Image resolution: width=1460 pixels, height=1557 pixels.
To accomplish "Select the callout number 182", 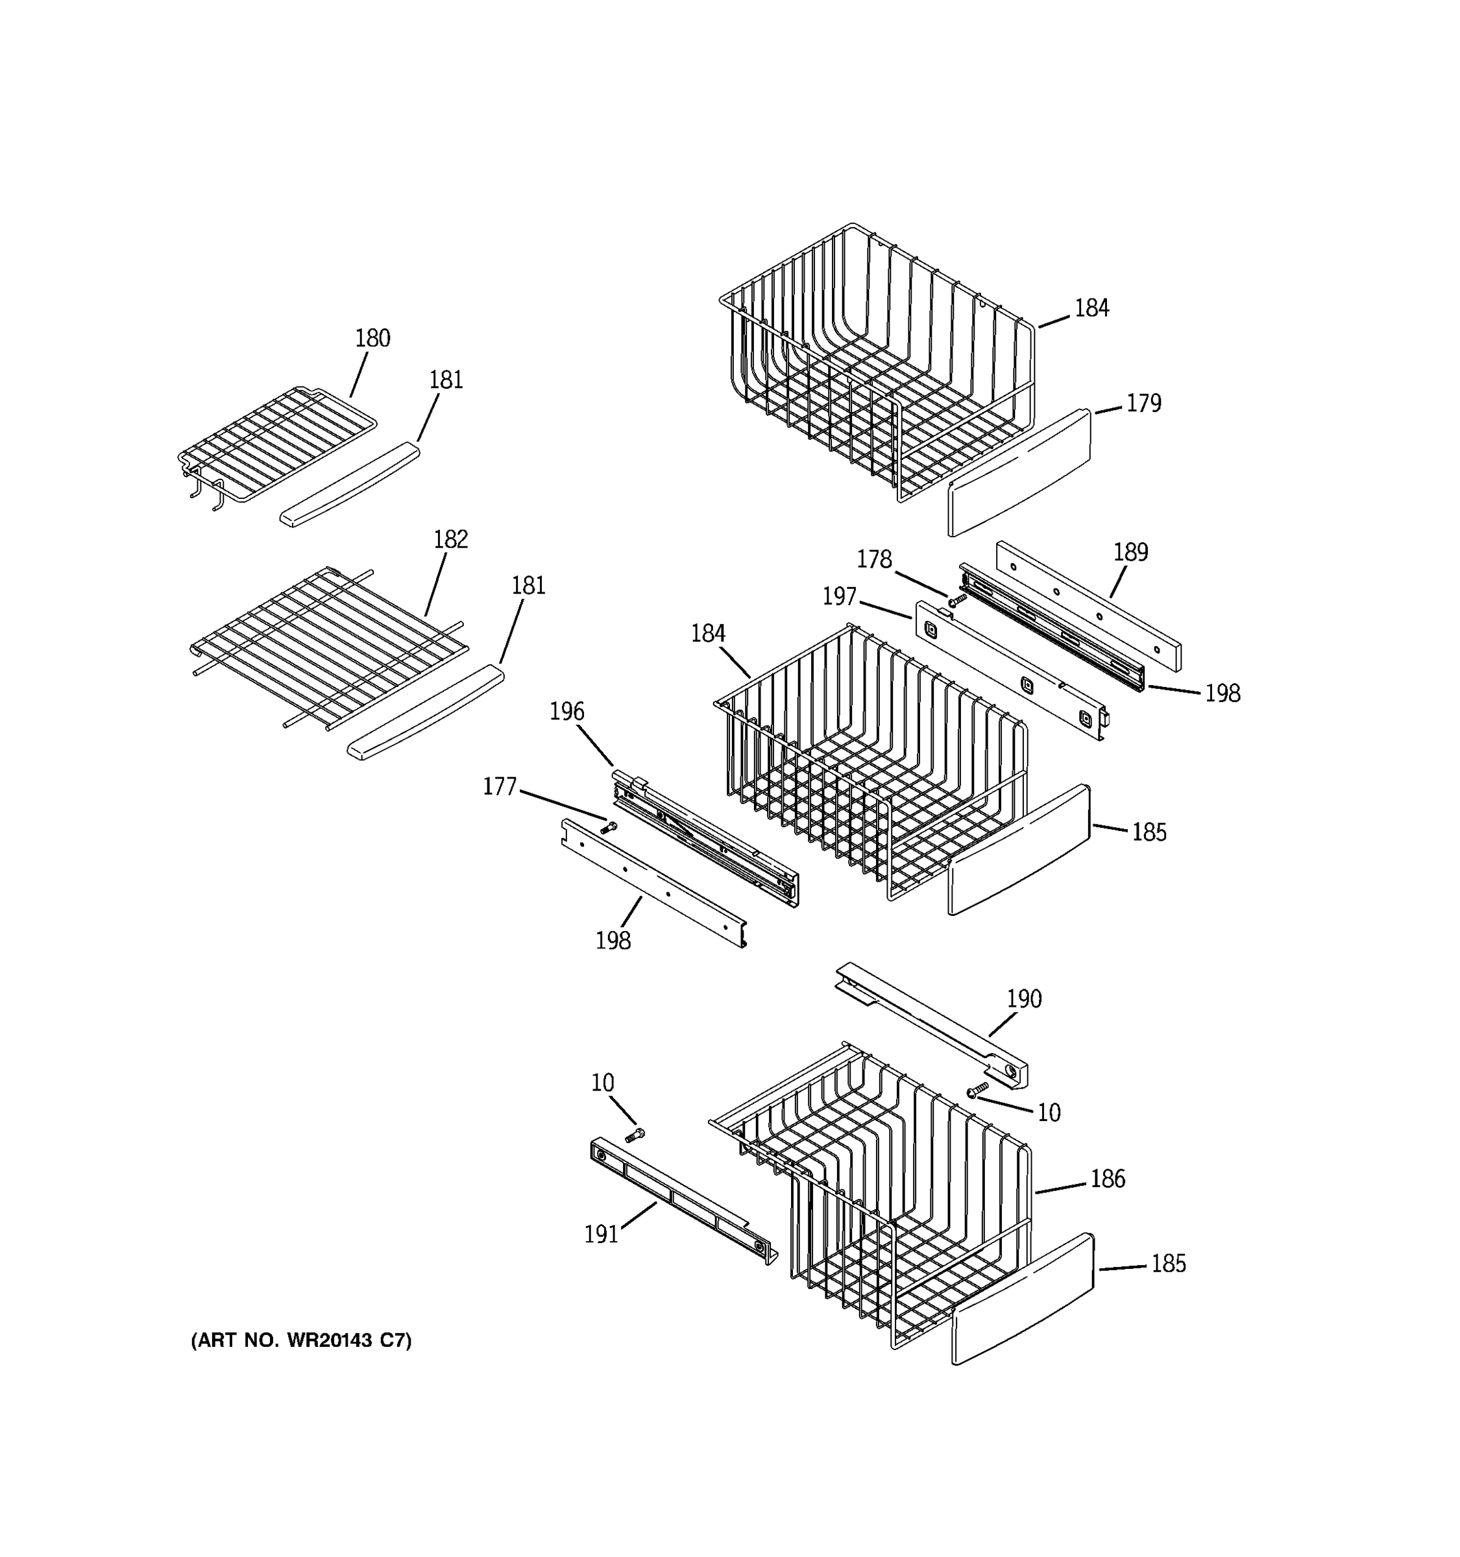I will pos(450,540).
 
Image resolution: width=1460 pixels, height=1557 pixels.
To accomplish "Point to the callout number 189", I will pos(1130,552).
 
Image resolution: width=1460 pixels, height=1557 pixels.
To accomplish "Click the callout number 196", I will pos(566,711).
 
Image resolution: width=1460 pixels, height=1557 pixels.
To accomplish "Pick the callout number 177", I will pos(499,786).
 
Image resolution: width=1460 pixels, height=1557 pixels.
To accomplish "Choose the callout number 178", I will pos(873,559).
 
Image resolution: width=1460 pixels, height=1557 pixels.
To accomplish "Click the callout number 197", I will pos(839,597).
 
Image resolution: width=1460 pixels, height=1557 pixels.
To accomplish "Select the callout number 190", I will pos(1024,998).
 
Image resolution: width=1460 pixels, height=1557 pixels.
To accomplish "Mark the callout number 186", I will pos(1108,1179).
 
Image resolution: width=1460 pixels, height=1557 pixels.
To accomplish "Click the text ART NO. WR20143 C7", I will pos(301,1340).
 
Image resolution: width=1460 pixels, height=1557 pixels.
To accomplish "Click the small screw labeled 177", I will pos(609,827).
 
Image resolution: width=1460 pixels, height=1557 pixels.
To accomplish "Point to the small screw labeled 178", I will pos(956,600).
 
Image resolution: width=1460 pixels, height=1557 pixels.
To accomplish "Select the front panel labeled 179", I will pos(1018,474).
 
